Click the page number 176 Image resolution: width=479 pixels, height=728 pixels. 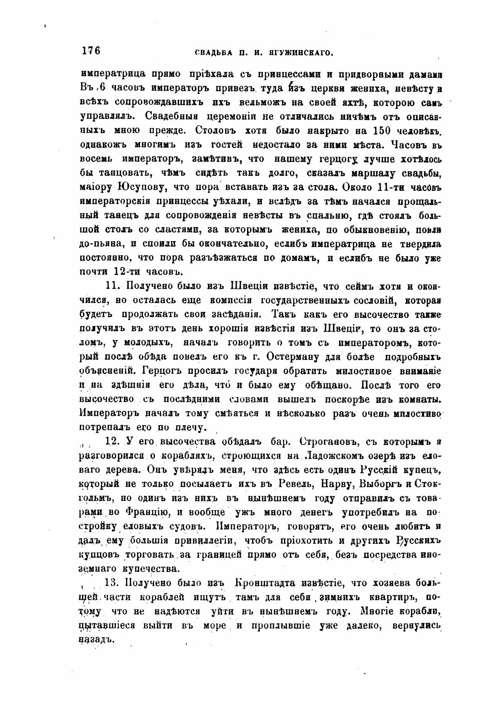click(x=90, y=51)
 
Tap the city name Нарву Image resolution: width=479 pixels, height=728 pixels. click(x=336, y=484)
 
